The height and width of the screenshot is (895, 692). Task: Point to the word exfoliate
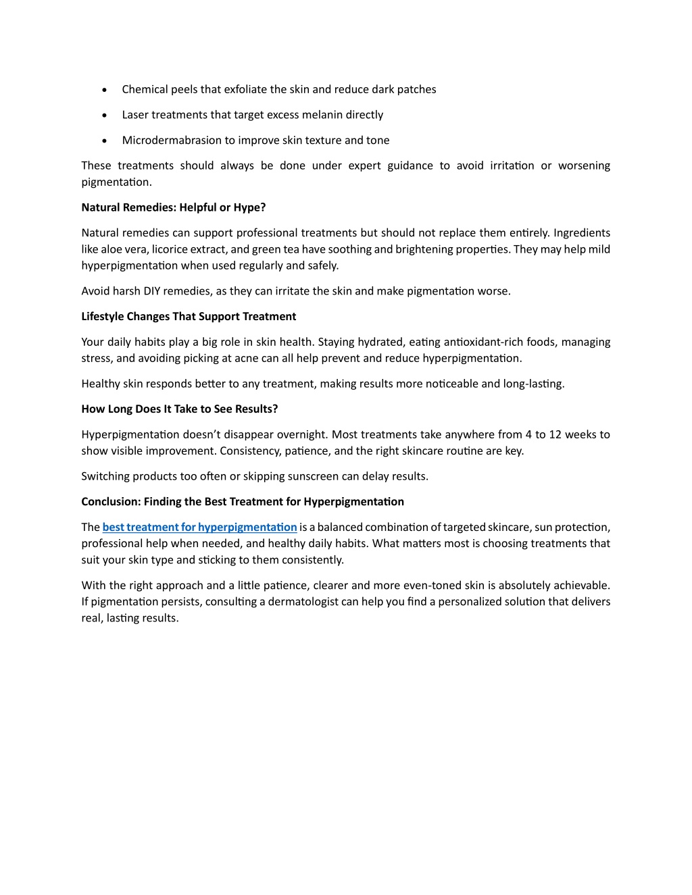[245, 89]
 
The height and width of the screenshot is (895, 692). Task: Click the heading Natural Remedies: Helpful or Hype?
[174, 207]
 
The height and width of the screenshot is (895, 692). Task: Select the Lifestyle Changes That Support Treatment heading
[189, 316]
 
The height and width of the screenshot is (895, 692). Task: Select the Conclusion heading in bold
[243, 501]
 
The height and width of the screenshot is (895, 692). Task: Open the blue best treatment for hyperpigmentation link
[199, 527]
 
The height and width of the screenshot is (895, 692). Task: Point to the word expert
[364, 165]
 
